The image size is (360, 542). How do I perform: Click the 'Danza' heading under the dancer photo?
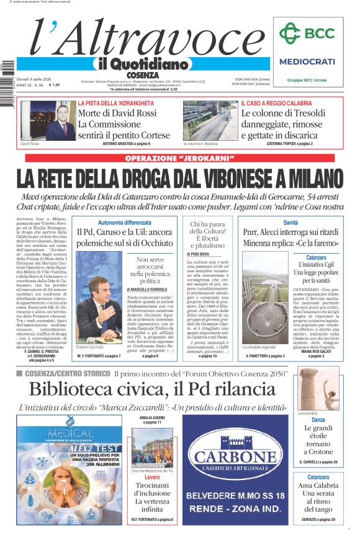pos(318,420)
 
